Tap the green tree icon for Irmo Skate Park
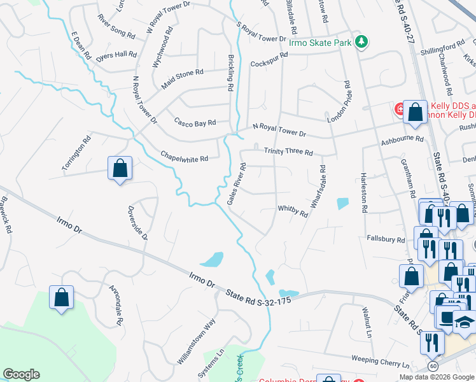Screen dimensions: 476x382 click(362, 42)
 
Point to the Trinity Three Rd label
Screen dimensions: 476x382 click(288, 152)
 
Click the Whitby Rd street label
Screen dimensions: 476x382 click(293, 211)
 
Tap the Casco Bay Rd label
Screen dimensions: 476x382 click(196, 122)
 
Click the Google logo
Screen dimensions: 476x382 click(21, 374)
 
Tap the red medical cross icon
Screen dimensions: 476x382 click(401, 110)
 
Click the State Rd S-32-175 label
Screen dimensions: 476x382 click(259, 297)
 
